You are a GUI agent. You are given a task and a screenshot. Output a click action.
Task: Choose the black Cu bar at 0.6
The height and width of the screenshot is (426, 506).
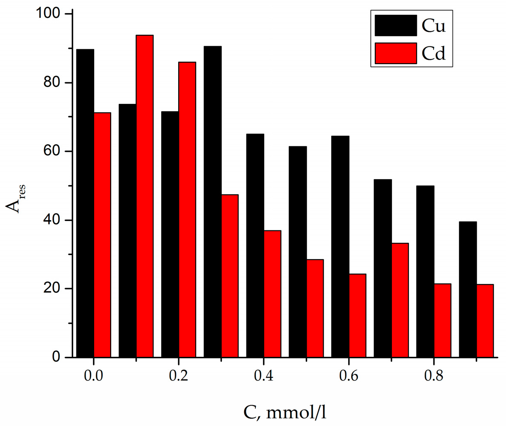click(340, 247)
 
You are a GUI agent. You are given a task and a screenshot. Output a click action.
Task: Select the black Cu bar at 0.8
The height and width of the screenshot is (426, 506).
click(425, 272)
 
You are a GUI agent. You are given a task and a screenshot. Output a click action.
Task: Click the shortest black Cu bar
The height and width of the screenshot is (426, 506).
click(468, 289)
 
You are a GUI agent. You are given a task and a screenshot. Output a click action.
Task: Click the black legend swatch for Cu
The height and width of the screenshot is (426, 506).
click(395, 26)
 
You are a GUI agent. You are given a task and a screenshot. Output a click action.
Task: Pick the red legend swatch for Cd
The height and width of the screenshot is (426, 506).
click(395, 53)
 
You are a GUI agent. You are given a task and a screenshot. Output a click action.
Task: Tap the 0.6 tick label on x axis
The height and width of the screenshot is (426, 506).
click(348, 376)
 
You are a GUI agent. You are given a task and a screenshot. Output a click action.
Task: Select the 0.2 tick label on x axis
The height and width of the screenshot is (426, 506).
click(178, 376)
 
